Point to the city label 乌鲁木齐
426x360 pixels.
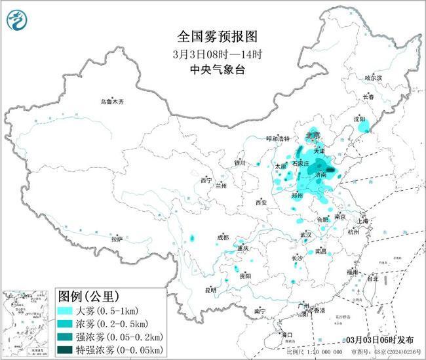pos(111,102)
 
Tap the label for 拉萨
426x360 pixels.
pos(117,239)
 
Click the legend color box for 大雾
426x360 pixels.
pos(66,310)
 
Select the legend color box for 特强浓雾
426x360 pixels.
pos(66,350)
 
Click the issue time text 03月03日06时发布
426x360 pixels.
pos(379,340)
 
